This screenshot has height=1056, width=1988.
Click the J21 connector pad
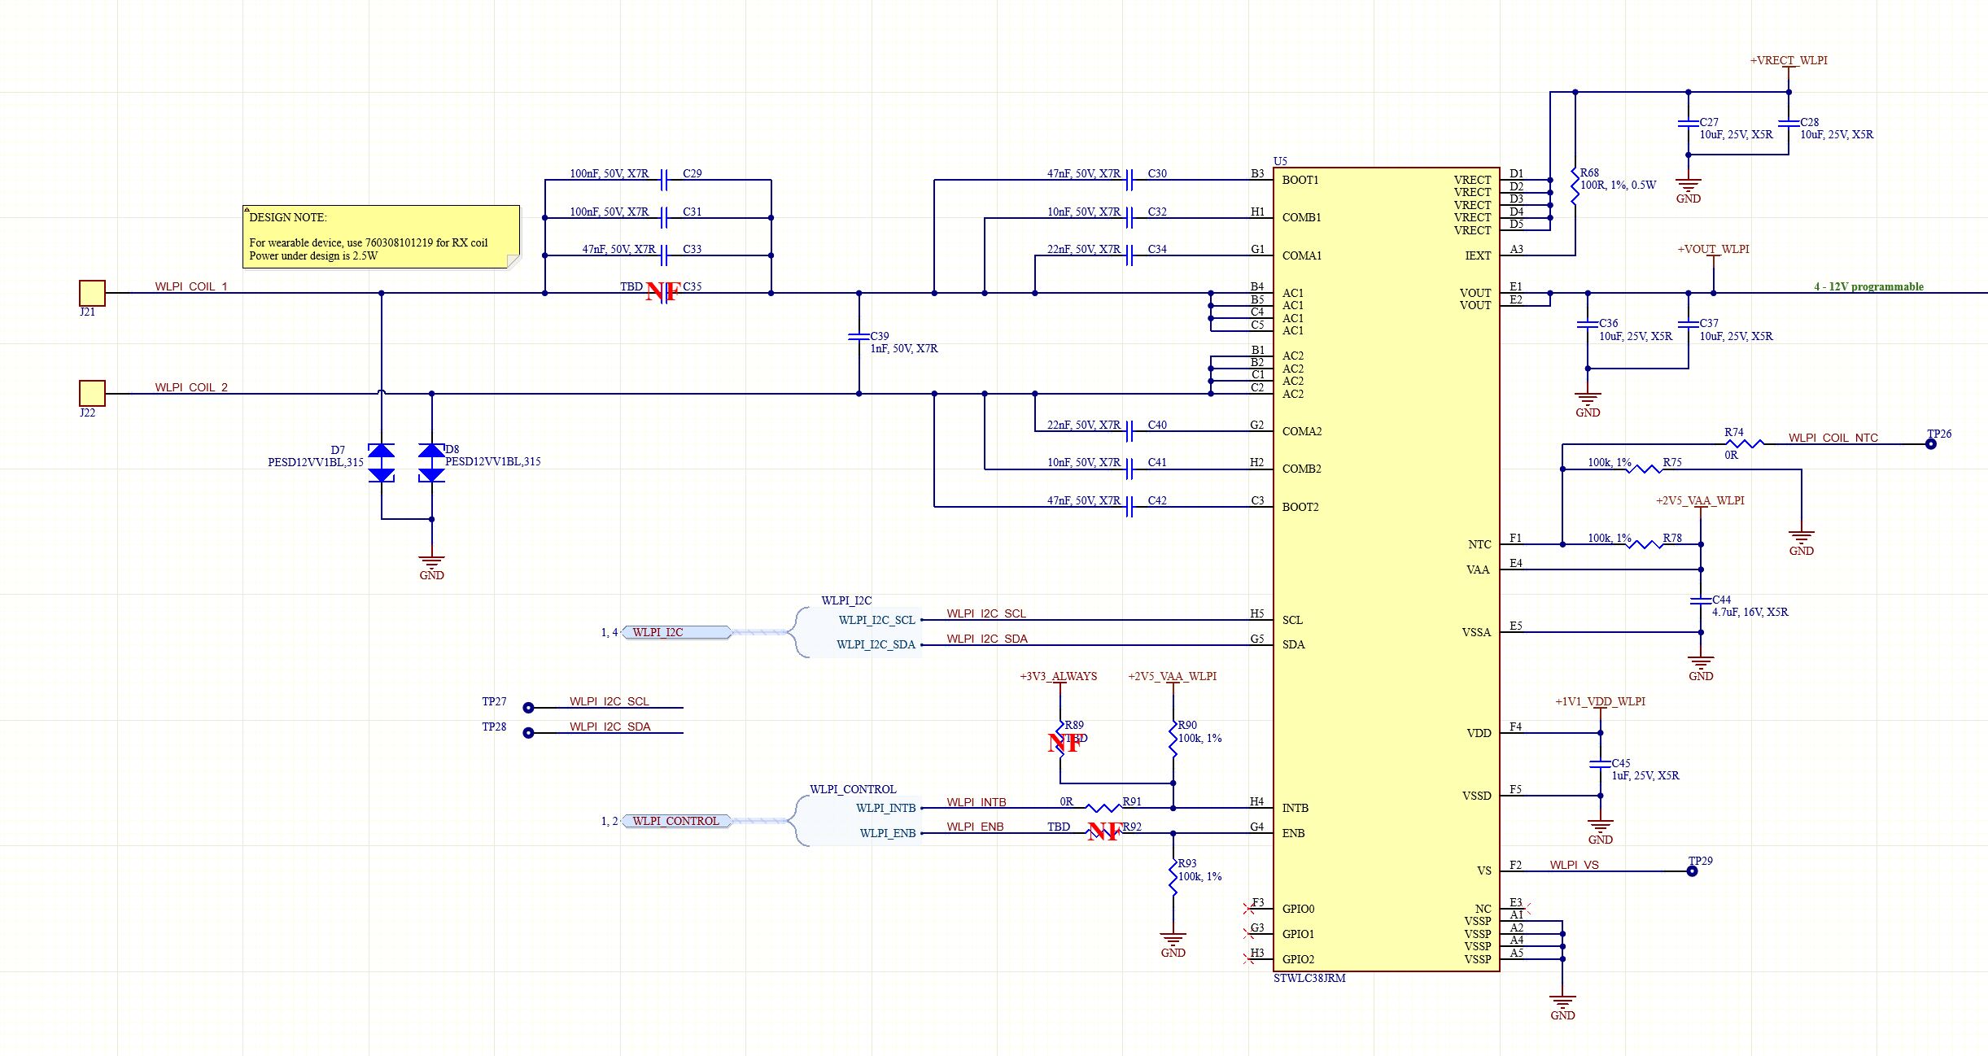(x=92, y=293)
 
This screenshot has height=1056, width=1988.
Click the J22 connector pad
(x=92, y=393)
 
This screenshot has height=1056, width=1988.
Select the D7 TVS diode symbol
(x=382, y=463)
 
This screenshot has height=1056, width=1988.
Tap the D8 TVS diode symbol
(x=431, y=463)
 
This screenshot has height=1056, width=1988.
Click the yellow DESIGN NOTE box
(x=381, y=236)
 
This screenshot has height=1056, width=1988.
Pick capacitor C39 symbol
(x=859, y=336)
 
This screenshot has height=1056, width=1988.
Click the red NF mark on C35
(x=662, y=292)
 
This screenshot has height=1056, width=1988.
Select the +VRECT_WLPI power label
(x=1789, y=60)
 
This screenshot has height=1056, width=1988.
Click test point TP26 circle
(x=1930, y=444)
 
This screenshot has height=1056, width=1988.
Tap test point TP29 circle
(x=1692, y=871)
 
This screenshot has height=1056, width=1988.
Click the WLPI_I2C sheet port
(x=675, y=632)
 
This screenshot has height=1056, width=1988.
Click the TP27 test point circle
(x=528, y=708)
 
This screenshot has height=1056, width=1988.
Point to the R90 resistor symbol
(x=1173, y=737)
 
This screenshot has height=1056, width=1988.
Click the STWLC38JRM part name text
(x=1309, y=978)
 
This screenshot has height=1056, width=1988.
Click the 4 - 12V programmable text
(x=1868, y=286)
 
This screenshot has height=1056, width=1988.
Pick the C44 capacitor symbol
(x=1701, y=600)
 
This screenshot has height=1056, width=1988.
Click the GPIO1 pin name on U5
(x=1298, y=934)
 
